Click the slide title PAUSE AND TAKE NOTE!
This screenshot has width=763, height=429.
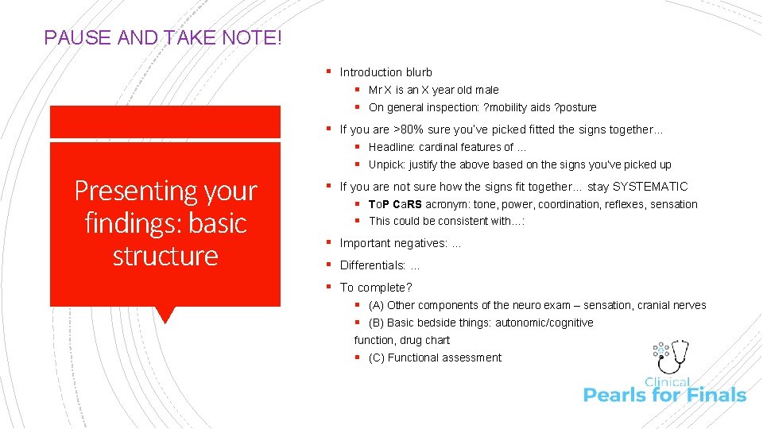pos(162,37)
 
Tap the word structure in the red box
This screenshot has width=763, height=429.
pos(165,256)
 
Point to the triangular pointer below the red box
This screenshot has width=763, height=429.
pos(165,315)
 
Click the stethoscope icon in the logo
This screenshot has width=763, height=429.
pos(676,356)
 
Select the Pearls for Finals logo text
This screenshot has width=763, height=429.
pos(664,394)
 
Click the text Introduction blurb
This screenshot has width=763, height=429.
pos(385,72)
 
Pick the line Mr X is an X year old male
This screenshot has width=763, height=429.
pos(433,90)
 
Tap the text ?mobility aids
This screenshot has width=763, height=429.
pos(513,107)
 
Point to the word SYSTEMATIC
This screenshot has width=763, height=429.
pos(649,187)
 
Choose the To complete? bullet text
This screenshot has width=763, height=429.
pos(376,288)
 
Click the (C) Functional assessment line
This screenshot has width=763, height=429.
pos(435,357)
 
